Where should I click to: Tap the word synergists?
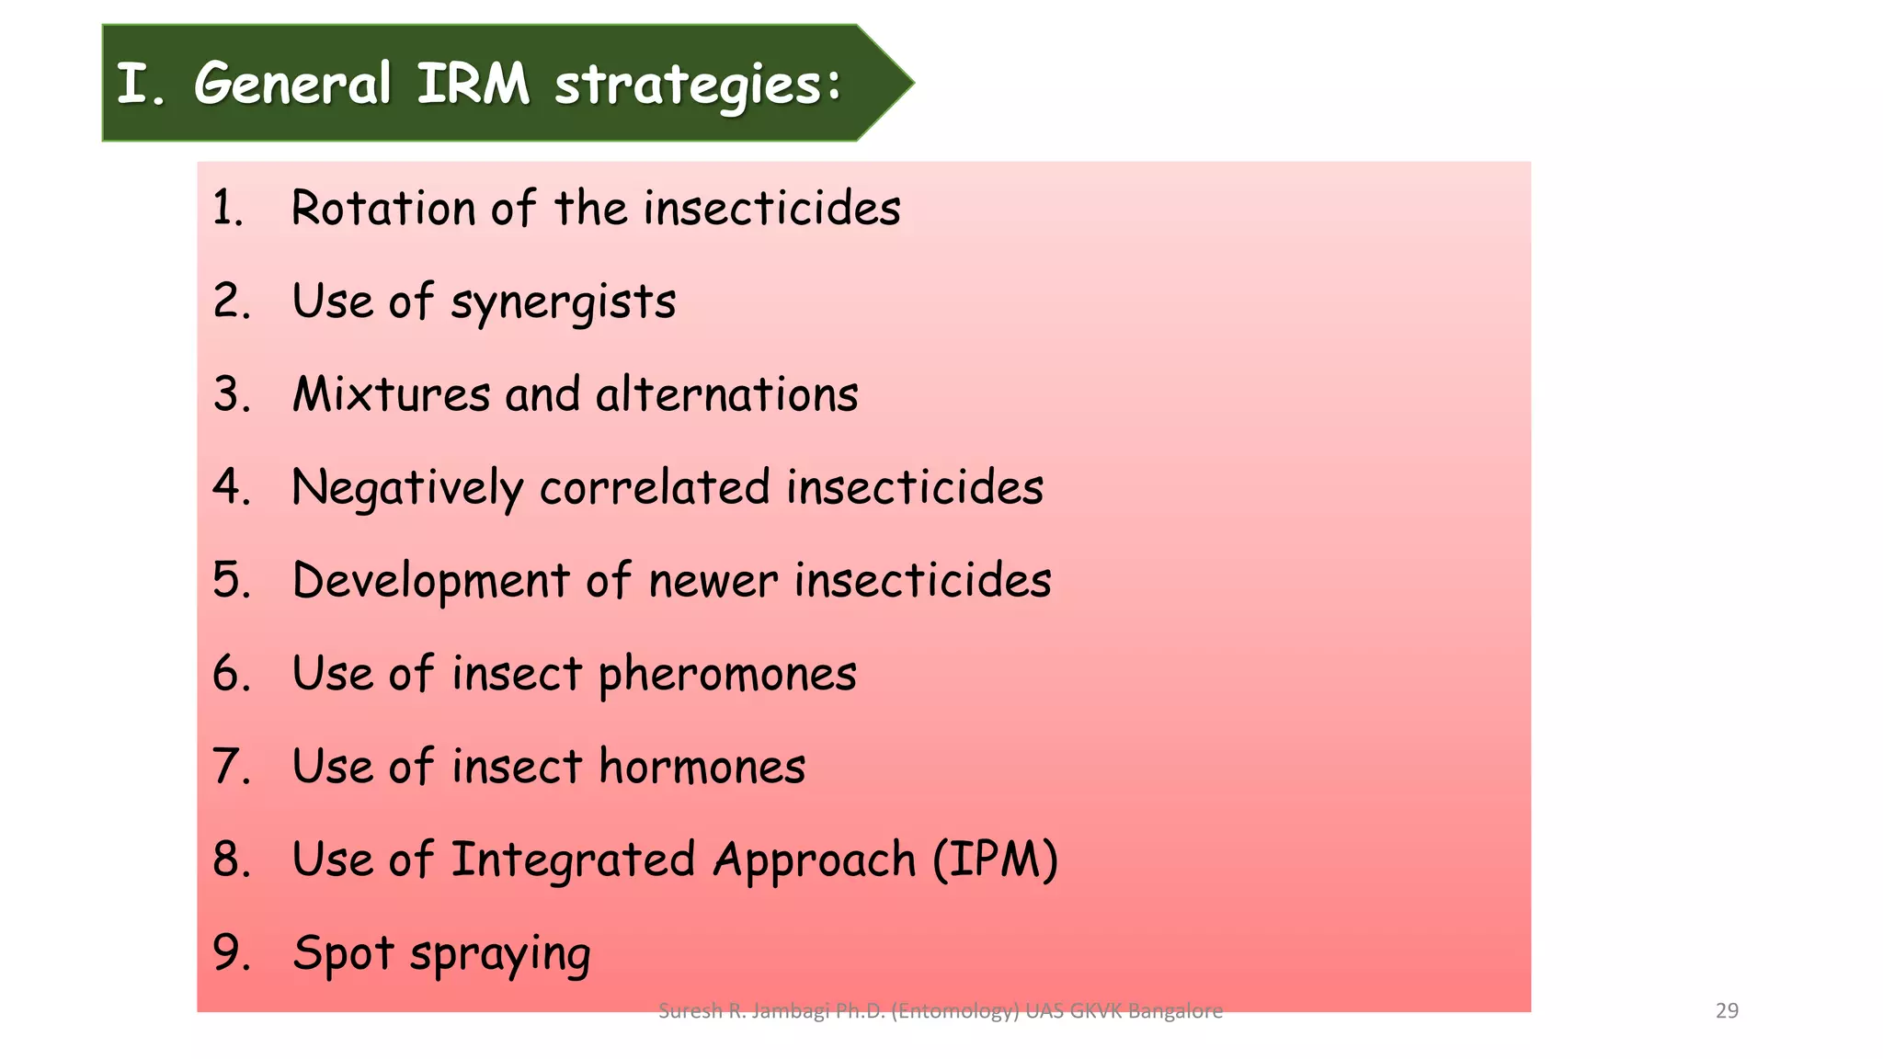(563, 303)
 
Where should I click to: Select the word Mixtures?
(391, 394)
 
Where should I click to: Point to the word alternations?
(726, 394)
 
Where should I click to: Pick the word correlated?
(654, 487)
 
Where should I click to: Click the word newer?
(713, 582)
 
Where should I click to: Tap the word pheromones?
(727, 676)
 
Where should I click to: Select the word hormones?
(702, 767)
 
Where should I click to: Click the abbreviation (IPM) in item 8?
(995, 860)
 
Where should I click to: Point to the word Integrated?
(572, 861)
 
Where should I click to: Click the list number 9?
(230, 952)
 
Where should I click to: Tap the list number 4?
(230, 487)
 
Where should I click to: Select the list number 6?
(230, 674)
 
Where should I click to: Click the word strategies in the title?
(697, 85)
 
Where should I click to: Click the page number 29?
(1727, 1011)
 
